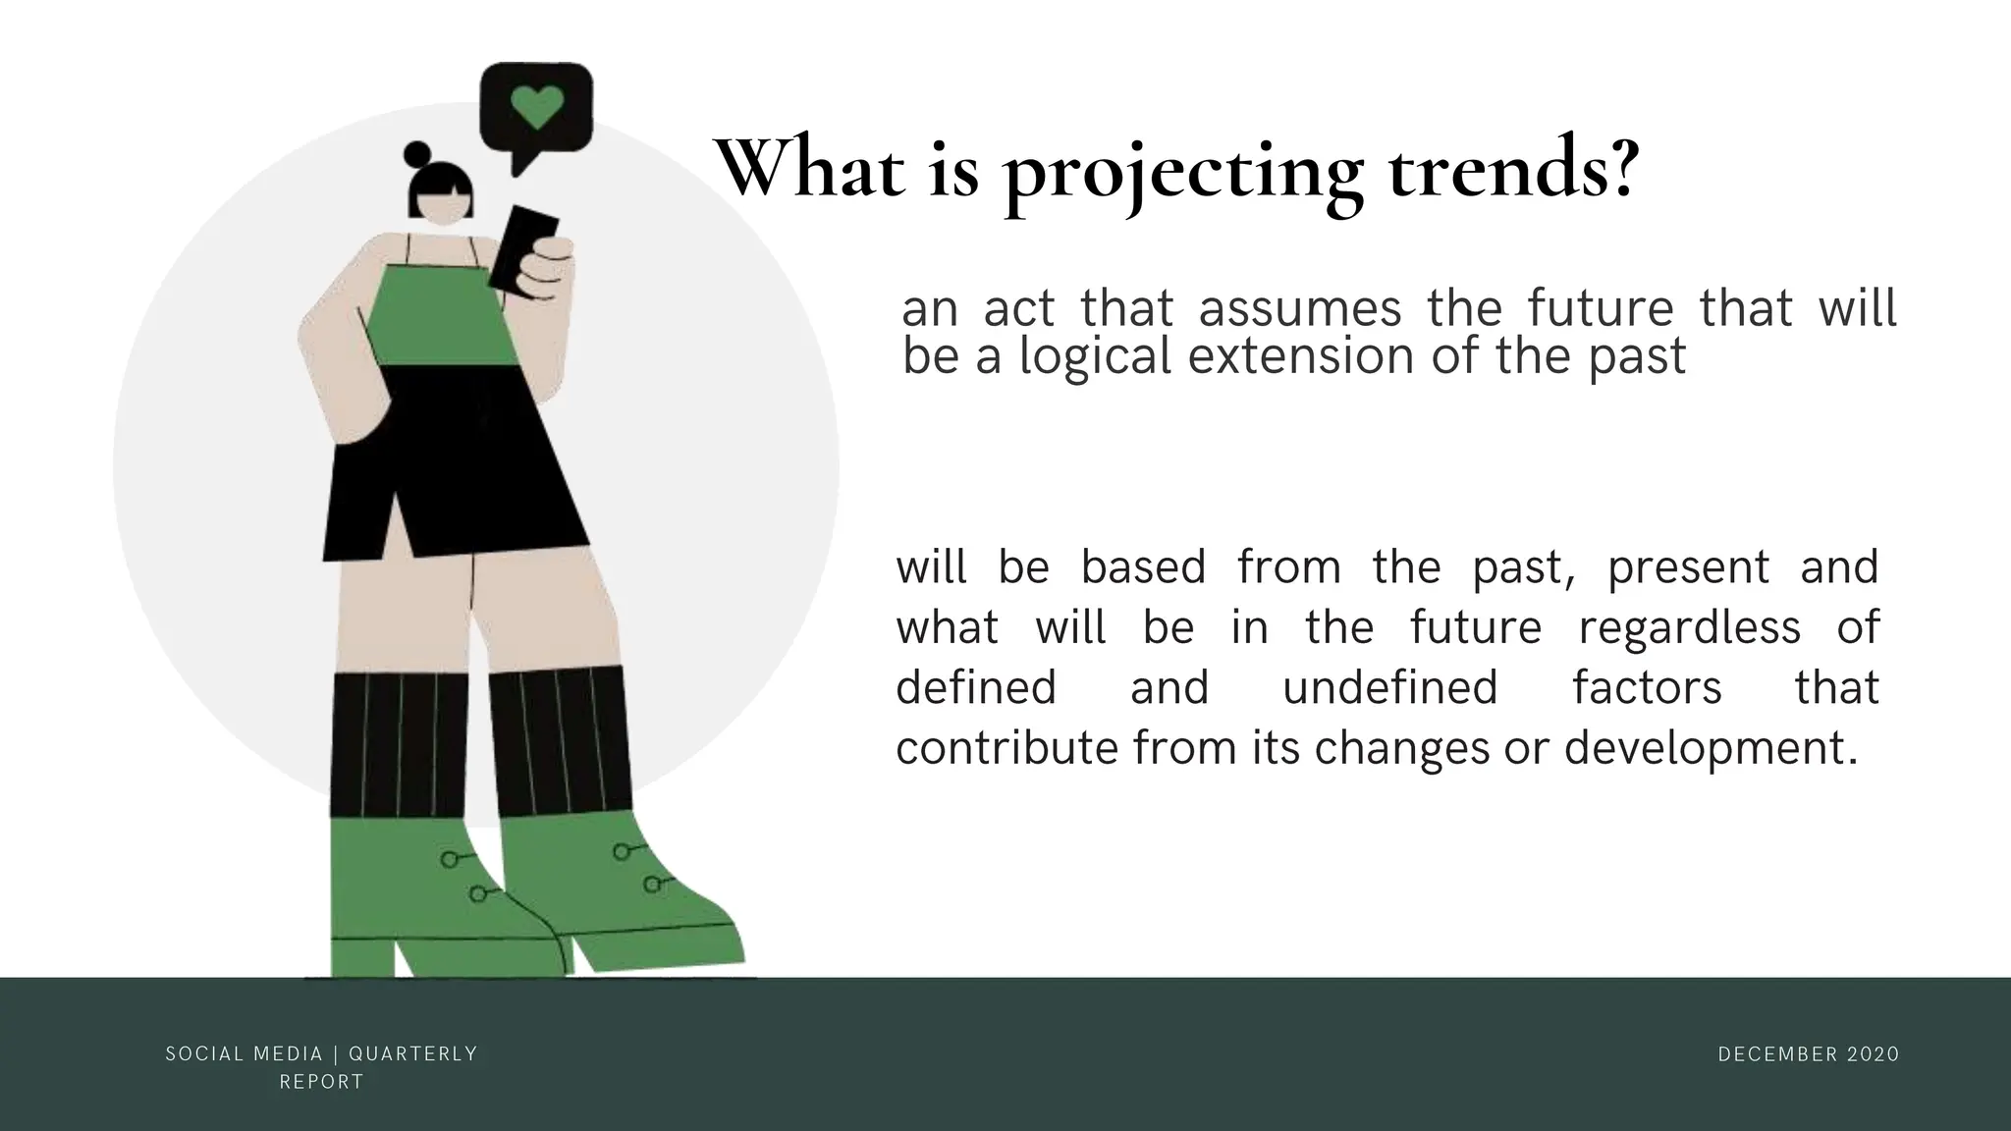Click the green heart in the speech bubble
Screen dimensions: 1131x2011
pyautogui.click(x=537, y=106)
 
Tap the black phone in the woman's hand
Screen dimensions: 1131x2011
pyautogui.click(x=521, y=245)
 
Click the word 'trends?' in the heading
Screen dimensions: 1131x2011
pyautogui.click(x=1512, y=169)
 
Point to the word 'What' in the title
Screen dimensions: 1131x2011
pyautogui.click(x=808, y=169)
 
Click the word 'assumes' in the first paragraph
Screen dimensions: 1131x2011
pyautogui.click(x=1300, y=308)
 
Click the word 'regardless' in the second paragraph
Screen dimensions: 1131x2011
pyautogui.click(x=1689, y=627)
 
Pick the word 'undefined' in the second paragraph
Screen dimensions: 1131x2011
pyautogui.click(x=1390, y=687)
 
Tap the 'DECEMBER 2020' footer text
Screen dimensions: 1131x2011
pyautogui.click(x=1809, y=1054)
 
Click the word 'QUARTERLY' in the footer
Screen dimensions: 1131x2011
pyautogui.click(x=413, y=1054)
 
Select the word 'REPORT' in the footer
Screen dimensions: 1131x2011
pyautogui.click(x=322, y=1082)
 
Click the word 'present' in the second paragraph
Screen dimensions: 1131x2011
pyautogui.click(x=1688, y=567)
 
